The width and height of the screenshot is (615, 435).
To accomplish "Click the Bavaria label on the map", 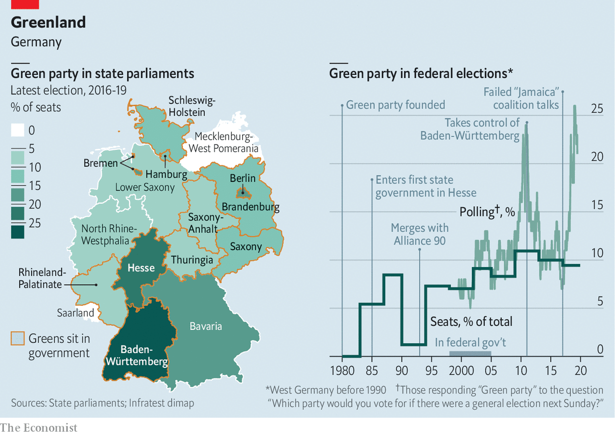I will [x=206, y=326].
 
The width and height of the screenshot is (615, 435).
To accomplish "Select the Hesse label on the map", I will [x=141, y=267].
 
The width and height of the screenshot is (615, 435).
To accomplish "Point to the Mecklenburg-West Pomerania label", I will [x=223, y=143].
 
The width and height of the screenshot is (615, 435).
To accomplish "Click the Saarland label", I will [x=75, y=313].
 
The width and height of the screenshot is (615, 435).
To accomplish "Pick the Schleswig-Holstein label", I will [x=192, y=106].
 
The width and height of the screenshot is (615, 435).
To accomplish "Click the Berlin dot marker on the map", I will [x=243, y=193].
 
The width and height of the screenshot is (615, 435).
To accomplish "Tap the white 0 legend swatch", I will [x=18, y=130].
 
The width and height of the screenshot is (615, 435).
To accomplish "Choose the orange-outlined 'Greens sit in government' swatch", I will [x=18, y=338].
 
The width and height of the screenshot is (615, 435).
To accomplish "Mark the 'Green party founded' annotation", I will [x=395, y=105].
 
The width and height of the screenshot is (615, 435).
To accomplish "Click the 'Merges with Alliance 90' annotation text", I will [x=419, y=234].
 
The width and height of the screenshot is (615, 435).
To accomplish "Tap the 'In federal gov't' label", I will [x=470, y=342].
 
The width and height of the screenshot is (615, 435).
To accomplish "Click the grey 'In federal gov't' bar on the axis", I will [x=470, y=354].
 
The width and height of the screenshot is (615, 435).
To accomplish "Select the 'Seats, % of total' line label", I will [x=471, y=322].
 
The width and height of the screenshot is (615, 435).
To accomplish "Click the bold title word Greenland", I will [x=48, y=22].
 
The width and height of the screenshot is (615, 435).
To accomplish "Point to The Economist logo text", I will [x=39, y=427].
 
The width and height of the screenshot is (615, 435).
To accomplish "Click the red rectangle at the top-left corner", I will [x=25, y=4].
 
